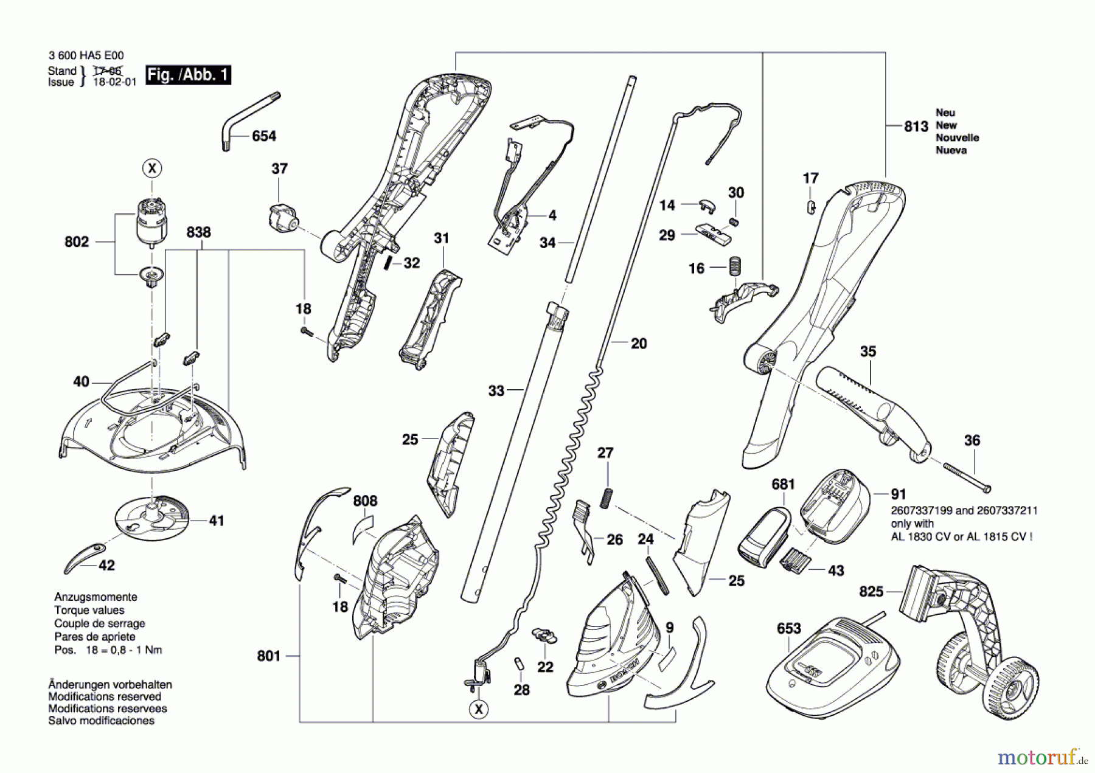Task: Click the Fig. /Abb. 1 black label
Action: coord(188,75)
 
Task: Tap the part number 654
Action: coord(263,136)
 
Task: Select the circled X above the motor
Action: coord(152,168)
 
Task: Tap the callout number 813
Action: coord(916,127)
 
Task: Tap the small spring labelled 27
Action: coord(606,498)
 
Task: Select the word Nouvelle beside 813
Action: coord(957,137)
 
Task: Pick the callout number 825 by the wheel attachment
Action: coord(871,591)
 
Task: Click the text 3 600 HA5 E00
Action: coord(86,55)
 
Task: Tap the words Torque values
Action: coord(89,610)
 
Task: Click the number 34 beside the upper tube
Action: coord(547,243)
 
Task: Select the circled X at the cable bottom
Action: coord(479,709)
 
